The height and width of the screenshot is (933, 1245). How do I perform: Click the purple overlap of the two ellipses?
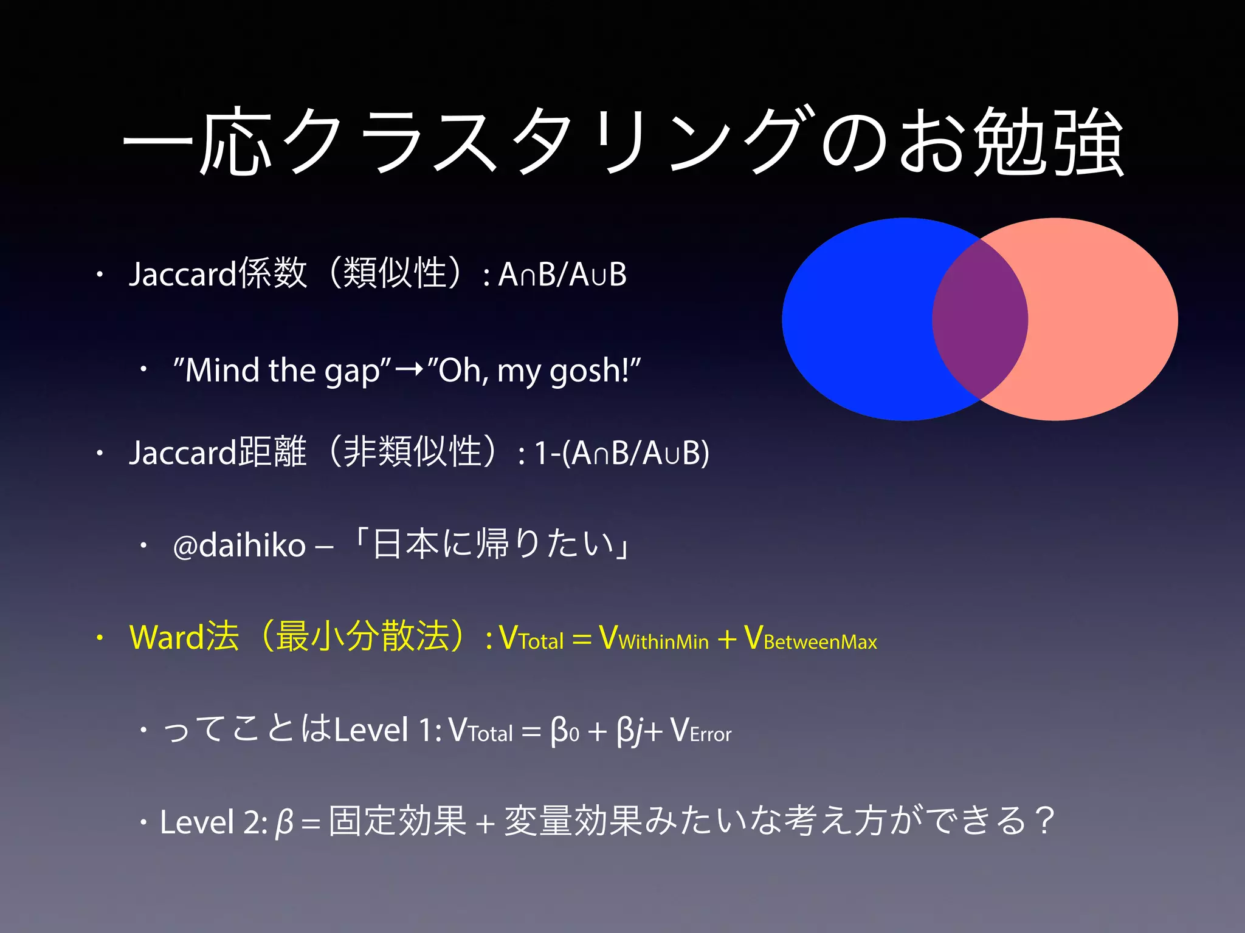pyautogui.click(x=980, y=319)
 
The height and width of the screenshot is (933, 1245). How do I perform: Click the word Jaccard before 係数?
pyautogui.click(x=182, y=273)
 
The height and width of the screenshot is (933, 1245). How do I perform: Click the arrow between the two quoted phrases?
pyautogui.click(x=409, y=369)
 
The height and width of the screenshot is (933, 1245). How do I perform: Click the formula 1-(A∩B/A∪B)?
pyautogui.click(x=621, y=453)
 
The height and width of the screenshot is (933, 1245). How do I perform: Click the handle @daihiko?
pyautogui.click(x=239, y=545)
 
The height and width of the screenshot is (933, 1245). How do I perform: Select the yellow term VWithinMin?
pyautogui.click(x=654, y=638)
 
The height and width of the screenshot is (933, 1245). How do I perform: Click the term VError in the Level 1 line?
pyautogui.click(x=701, y=731)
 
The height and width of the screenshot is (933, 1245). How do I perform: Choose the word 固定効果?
pyautogui.click(x=398, y=821)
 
